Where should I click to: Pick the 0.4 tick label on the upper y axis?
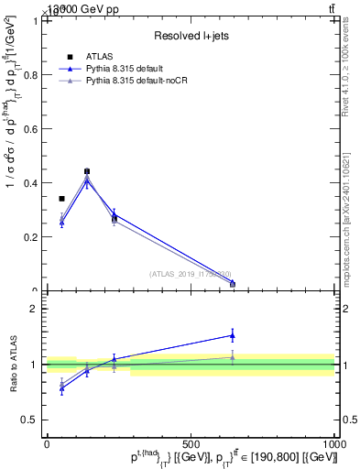[x=30, y=183]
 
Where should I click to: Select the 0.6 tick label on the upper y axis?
[x=30, y=129]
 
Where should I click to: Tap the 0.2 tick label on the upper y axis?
[x=30, y=237]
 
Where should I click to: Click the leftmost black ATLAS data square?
[x=61, y=199]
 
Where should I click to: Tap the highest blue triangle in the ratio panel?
[x=233, y=335]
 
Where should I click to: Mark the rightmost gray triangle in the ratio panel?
[x=233, y=356]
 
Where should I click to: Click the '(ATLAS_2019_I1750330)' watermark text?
[x=191, y=274]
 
